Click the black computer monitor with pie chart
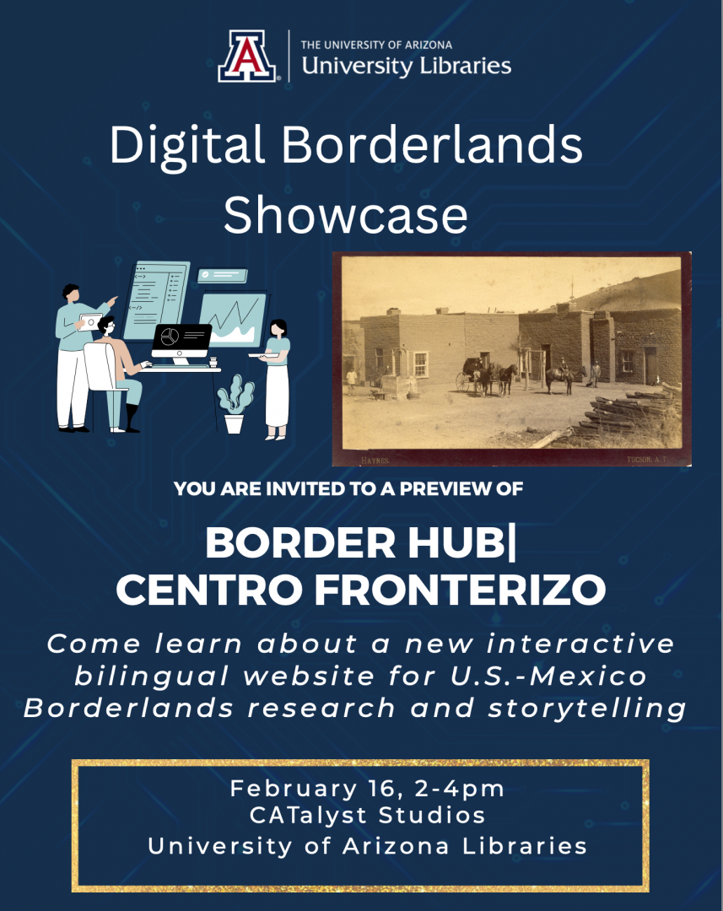click(x=181, y=340)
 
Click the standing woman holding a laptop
click(x=277, y=377)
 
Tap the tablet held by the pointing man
click(x=90, y=321)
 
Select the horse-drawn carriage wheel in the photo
click(x=463, y=382)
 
